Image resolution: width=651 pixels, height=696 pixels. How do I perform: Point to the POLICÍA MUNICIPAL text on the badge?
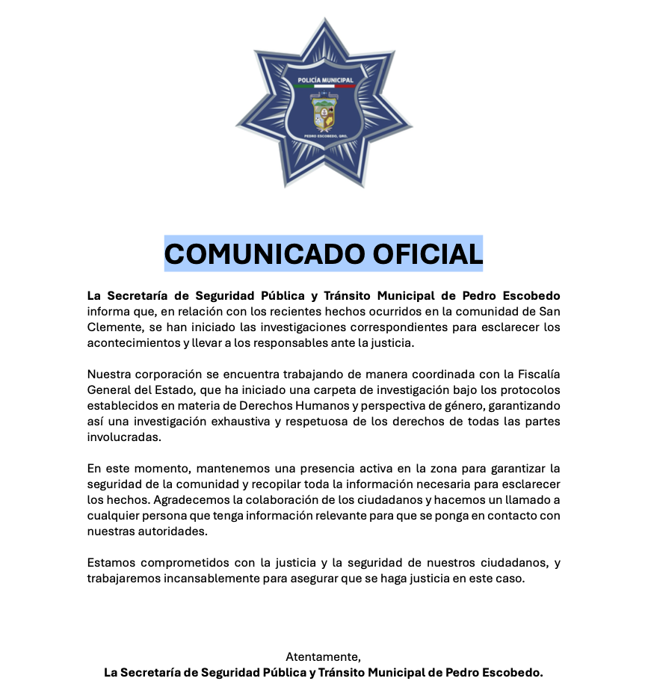click(325, 79)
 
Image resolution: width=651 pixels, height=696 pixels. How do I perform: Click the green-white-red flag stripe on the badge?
click(325, 86)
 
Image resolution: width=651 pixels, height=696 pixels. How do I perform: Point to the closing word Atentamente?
click(322, 656)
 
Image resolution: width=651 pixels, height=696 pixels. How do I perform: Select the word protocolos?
click(523, 390)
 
